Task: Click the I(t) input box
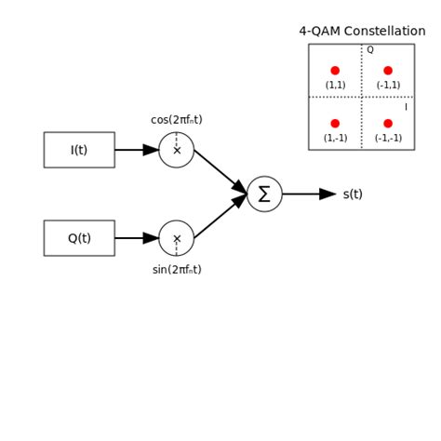click(79, 150)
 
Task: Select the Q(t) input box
click(79, 238)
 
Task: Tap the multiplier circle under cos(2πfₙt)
click(177, 150)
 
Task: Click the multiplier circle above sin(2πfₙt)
click(177, 238)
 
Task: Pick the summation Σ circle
click(264, 194)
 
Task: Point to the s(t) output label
click(353, 194)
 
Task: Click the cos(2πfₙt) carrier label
click(177, 120)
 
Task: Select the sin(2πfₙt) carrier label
click(177, 270)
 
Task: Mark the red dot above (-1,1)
click(388, 71)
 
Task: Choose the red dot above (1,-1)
click(335, 124)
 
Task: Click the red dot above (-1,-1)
click(388, 124)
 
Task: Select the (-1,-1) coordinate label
click(388, 138)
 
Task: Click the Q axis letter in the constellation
click(369, 50)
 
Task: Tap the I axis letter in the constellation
click(406, 107)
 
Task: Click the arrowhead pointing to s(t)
click(327, 194)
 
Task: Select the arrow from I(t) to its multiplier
click(137, 150)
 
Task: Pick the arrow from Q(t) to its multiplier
click(137, 238)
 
